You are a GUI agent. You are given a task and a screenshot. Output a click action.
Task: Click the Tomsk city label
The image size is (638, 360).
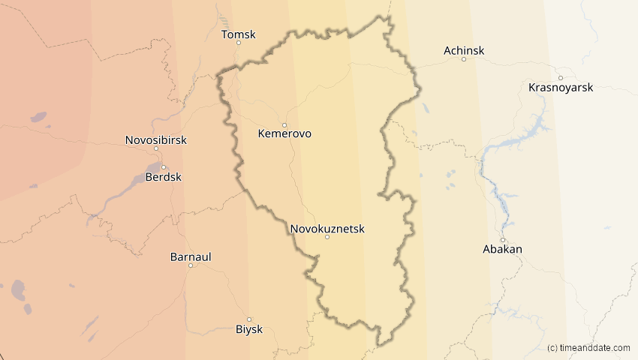[x=239, y=34]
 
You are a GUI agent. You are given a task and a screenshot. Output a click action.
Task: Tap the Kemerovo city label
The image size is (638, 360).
[x=284, y=134]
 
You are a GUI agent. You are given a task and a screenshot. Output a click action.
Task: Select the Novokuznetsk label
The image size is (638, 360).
[x=327, y=229]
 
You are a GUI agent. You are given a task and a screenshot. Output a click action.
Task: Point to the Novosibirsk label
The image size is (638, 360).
[x=155, y=140]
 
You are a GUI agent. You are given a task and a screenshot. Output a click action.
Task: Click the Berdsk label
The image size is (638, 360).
[x=163, y=177]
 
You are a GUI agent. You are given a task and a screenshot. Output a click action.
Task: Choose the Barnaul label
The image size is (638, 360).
[x=191, y=256]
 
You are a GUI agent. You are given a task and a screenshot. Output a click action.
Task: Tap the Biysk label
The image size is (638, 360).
[x=249, y=328]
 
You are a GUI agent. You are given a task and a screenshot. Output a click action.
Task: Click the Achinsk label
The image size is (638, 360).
[x=464, y=51]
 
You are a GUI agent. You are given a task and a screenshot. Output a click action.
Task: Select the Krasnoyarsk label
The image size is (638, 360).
[x=561, y=88]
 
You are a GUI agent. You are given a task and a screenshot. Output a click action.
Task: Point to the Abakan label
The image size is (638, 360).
[x=503, y=249]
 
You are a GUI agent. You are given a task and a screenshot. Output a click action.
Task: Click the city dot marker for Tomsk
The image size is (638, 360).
[x=239, y=43]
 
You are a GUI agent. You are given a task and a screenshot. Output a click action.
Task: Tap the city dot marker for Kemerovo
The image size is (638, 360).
[x=284, y=125]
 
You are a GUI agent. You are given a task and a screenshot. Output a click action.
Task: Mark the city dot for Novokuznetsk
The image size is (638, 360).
[x=327, y=237]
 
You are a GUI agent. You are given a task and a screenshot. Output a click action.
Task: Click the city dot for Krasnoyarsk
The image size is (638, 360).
[x=561, y=78]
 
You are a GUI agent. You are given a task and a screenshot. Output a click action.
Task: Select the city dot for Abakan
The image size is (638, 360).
[x=503, y=240]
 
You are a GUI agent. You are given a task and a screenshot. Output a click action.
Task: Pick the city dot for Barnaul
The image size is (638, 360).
[x=191, y=265]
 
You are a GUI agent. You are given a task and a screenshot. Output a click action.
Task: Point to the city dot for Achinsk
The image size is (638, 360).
[x=464, y=59]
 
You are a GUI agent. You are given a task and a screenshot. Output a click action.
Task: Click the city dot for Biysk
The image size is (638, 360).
[x=249, y=319]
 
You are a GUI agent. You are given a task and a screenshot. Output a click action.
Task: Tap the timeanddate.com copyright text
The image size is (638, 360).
[x=588, y=348]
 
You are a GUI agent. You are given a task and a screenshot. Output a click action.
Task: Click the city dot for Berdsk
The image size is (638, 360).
[x=163, y=167]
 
